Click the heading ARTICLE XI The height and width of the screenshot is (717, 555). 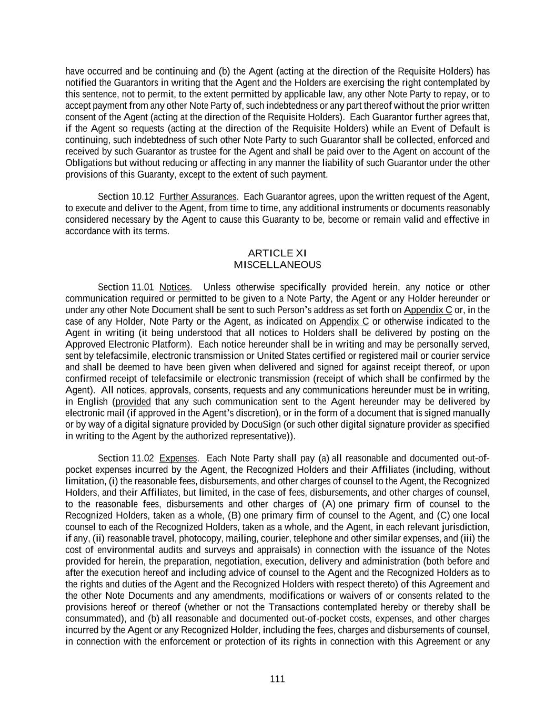277,253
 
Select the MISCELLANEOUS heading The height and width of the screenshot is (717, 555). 277,265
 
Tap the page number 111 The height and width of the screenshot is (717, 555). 277,679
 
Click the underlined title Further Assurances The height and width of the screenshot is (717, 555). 198,196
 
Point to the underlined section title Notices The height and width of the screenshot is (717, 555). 175,287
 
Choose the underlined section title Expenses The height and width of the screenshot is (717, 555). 178,458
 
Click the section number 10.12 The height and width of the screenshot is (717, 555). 143,196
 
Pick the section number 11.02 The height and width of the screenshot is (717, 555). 143,458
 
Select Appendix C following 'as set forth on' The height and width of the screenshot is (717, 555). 428,309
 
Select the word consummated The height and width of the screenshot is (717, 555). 93,618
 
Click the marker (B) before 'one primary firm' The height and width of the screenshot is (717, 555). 233,515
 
